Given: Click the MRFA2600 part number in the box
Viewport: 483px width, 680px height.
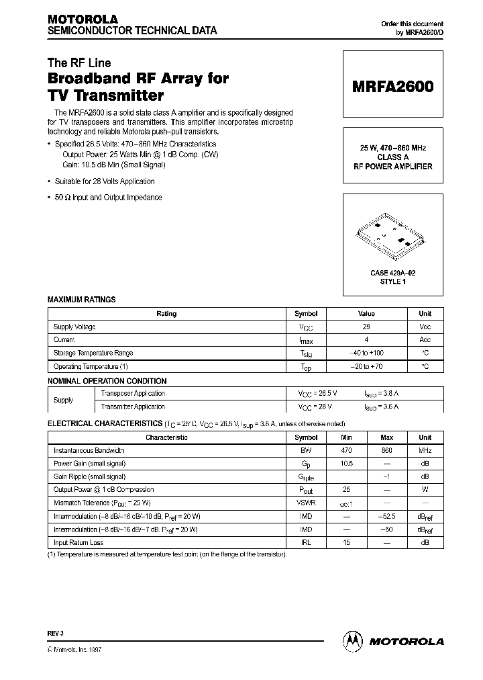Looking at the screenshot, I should tap(393, 87).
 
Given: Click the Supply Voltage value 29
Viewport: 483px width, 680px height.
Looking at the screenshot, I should tap(366, 327).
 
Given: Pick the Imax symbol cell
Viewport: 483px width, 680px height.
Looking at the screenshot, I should tap(305, 340).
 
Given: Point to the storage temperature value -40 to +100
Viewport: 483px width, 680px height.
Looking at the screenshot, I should tap(366, 353).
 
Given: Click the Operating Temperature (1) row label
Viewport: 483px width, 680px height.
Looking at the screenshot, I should tap(91, 367).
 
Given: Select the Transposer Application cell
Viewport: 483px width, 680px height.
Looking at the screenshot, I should tap(133, 393).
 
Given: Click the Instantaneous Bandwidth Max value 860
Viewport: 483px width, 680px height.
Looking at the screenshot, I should tap(386, 451).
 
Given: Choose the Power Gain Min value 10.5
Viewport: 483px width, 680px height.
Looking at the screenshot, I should tap(346, 464).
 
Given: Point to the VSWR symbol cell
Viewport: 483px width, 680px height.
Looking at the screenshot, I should tap(305, 503).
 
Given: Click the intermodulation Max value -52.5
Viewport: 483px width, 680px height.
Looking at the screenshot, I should tap(386, 516).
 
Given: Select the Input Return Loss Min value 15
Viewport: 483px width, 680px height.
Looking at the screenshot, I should tap(346, 542).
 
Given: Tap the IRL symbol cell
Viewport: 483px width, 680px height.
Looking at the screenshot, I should tap(305, 542).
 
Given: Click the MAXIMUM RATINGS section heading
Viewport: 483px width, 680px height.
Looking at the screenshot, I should tap(81, 299).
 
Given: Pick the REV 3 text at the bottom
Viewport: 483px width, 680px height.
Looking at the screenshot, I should tap(54, 634).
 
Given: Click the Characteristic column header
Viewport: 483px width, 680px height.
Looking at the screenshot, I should tap(166, 437).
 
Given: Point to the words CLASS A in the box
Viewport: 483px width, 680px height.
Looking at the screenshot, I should tap(392, 157).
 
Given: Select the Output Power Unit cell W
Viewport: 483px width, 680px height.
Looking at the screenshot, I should tap(425, 490).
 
